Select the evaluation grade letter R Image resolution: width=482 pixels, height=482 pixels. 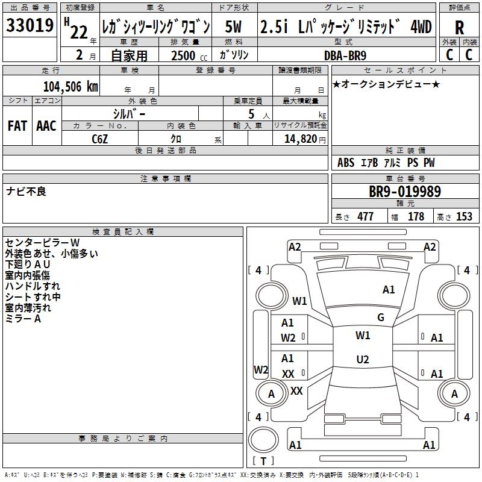click(459, 28)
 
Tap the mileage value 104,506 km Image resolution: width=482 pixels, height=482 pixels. click(71, 86)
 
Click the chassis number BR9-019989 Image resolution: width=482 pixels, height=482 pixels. click(404, 192)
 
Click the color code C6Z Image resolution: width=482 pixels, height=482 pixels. click(100, 138)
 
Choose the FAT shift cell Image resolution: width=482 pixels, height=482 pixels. click(17, 126)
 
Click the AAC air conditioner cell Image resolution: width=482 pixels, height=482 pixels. click(46, 126)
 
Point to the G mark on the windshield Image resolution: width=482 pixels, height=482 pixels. click(381, 317)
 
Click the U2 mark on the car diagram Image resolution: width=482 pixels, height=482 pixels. click(362, 360)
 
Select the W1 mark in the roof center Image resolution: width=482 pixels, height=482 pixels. click(363, 335)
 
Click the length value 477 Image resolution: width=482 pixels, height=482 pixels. click(365, 217)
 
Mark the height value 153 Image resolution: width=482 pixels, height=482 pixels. click(463, 217)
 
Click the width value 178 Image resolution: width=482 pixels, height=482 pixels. click(416, 217)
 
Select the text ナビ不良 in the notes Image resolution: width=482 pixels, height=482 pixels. click(27, 192)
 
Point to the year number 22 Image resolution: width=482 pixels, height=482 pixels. click(78, 32)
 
